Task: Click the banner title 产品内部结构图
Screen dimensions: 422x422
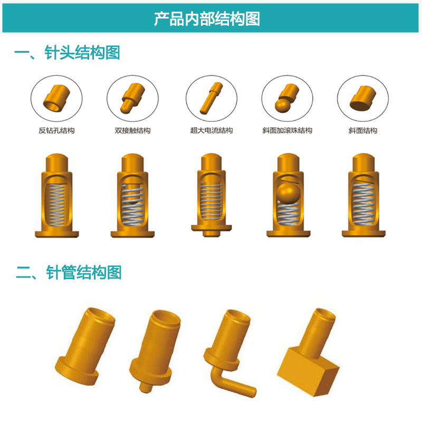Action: pyautogui.click(x=207, y=18)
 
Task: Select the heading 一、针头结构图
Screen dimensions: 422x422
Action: pyautogui.click(x=67, y=52)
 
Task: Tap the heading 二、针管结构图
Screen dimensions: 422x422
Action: pyautogui.click(x=69, y=272)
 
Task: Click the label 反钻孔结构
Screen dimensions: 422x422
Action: pyautogui.click(x=56, y=130)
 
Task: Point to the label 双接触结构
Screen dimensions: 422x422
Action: pyautogui.click(x=132, y=130)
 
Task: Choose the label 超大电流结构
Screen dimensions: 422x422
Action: pyautogui.click(x=212, y=130)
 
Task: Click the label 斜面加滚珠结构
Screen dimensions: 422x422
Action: pyautogui.click(x=287, y=130)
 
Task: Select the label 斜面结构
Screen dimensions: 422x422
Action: pyautogui.click(x=363, y=130)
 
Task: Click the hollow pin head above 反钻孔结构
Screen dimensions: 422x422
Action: pyautogui.click(x=56, y=98)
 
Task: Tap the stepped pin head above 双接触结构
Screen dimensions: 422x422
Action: pyautogui.click(x=132, y=98)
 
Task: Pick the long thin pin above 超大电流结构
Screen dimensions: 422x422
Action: pyautogui.click(x=212, y=98)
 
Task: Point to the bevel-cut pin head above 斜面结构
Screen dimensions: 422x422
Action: pyautogui.click(x=363, y=98)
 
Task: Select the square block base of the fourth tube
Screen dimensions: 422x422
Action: pyautogui.click(x=308, y=372)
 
